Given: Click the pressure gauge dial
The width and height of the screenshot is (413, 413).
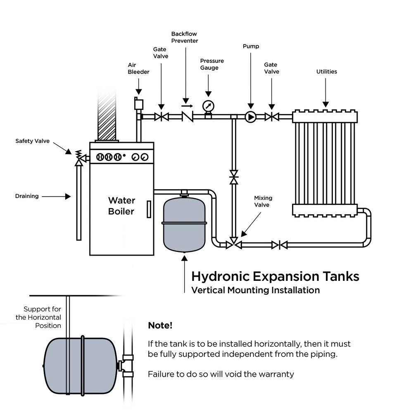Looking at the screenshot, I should click(x=209, y=106).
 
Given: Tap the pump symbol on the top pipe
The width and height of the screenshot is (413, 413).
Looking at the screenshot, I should click(x=251, y=117).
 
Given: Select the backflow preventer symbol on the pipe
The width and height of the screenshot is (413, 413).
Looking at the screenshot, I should click(x=188, y=117).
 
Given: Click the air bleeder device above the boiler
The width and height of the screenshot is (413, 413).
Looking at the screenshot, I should click(x=138, y=104).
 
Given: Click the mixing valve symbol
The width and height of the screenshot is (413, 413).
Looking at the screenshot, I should click(x=234, y=245).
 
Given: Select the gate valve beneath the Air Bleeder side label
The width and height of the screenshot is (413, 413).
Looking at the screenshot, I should click(x=161, y=117).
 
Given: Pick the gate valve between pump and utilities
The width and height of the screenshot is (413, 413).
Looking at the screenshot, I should click(x=271, y=117).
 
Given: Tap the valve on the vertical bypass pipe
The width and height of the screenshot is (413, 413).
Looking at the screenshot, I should click(x=234, y=177).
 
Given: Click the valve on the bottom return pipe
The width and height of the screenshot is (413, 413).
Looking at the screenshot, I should click(x=280, y=245).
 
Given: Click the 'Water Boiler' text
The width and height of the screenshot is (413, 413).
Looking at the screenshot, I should click(x=121, y=206).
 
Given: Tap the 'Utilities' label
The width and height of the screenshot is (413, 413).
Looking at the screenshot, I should click(x=327, y=71).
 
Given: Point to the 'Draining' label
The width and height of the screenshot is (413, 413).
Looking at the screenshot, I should click(x=27, y=196).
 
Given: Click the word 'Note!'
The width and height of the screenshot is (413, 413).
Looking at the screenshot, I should click(x=160, y=325).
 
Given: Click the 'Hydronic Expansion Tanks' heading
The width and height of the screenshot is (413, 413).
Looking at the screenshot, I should click(x=275, y=276).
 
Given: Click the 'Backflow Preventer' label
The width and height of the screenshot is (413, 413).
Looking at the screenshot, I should click(x=185, y=37).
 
